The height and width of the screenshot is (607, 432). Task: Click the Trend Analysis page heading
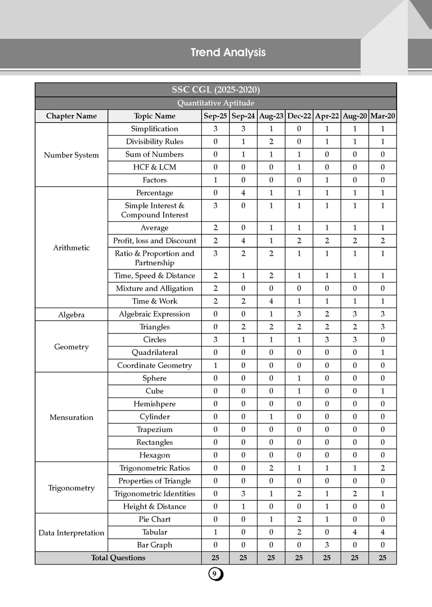[x=228, y=52]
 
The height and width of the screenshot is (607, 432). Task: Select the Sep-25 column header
[x=215, y=116]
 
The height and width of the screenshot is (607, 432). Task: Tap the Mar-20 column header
[x=383, y=116]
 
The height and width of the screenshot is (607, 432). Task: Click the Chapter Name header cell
[x=71, y=116]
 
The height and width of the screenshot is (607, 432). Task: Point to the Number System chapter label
[x=71, y=155]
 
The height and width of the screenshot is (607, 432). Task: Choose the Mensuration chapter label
[x=71, y=417]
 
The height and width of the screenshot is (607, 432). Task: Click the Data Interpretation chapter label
[x=71, y=532]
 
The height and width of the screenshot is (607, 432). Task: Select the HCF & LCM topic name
[x=155, y=167]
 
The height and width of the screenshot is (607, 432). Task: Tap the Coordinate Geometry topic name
[x=155, y=365]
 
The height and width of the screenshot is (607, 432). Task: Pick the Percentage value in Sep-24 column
[x=243, y=193]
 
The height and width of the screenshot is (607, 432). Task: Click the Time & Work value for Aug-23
[x=271, y=301]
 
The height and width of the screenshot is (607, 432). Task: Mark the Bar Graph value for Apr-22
[x=327, y=545]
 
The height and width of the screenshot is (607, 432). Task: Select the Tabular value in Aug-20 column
[x=355, y=532]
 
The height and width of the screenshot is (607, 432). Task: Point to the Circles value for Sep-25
[x=215, y=339]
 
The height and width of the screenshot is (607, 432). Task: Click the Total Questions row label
[x=118, y=558]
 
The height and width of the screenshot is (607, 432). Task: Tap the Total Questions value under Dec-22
[x=299, y=558]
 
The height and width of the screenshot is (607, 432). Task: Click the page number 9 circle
[x=215, y=574]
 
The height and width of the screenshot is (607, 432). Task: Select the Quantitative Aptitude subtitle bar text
[x=216, y=103]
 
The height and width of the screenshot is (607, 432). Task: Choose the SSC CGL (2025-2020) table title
[x=216, y=89]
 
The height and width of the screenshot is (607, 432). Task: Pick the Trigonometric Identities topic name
[x=155, y=494]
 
